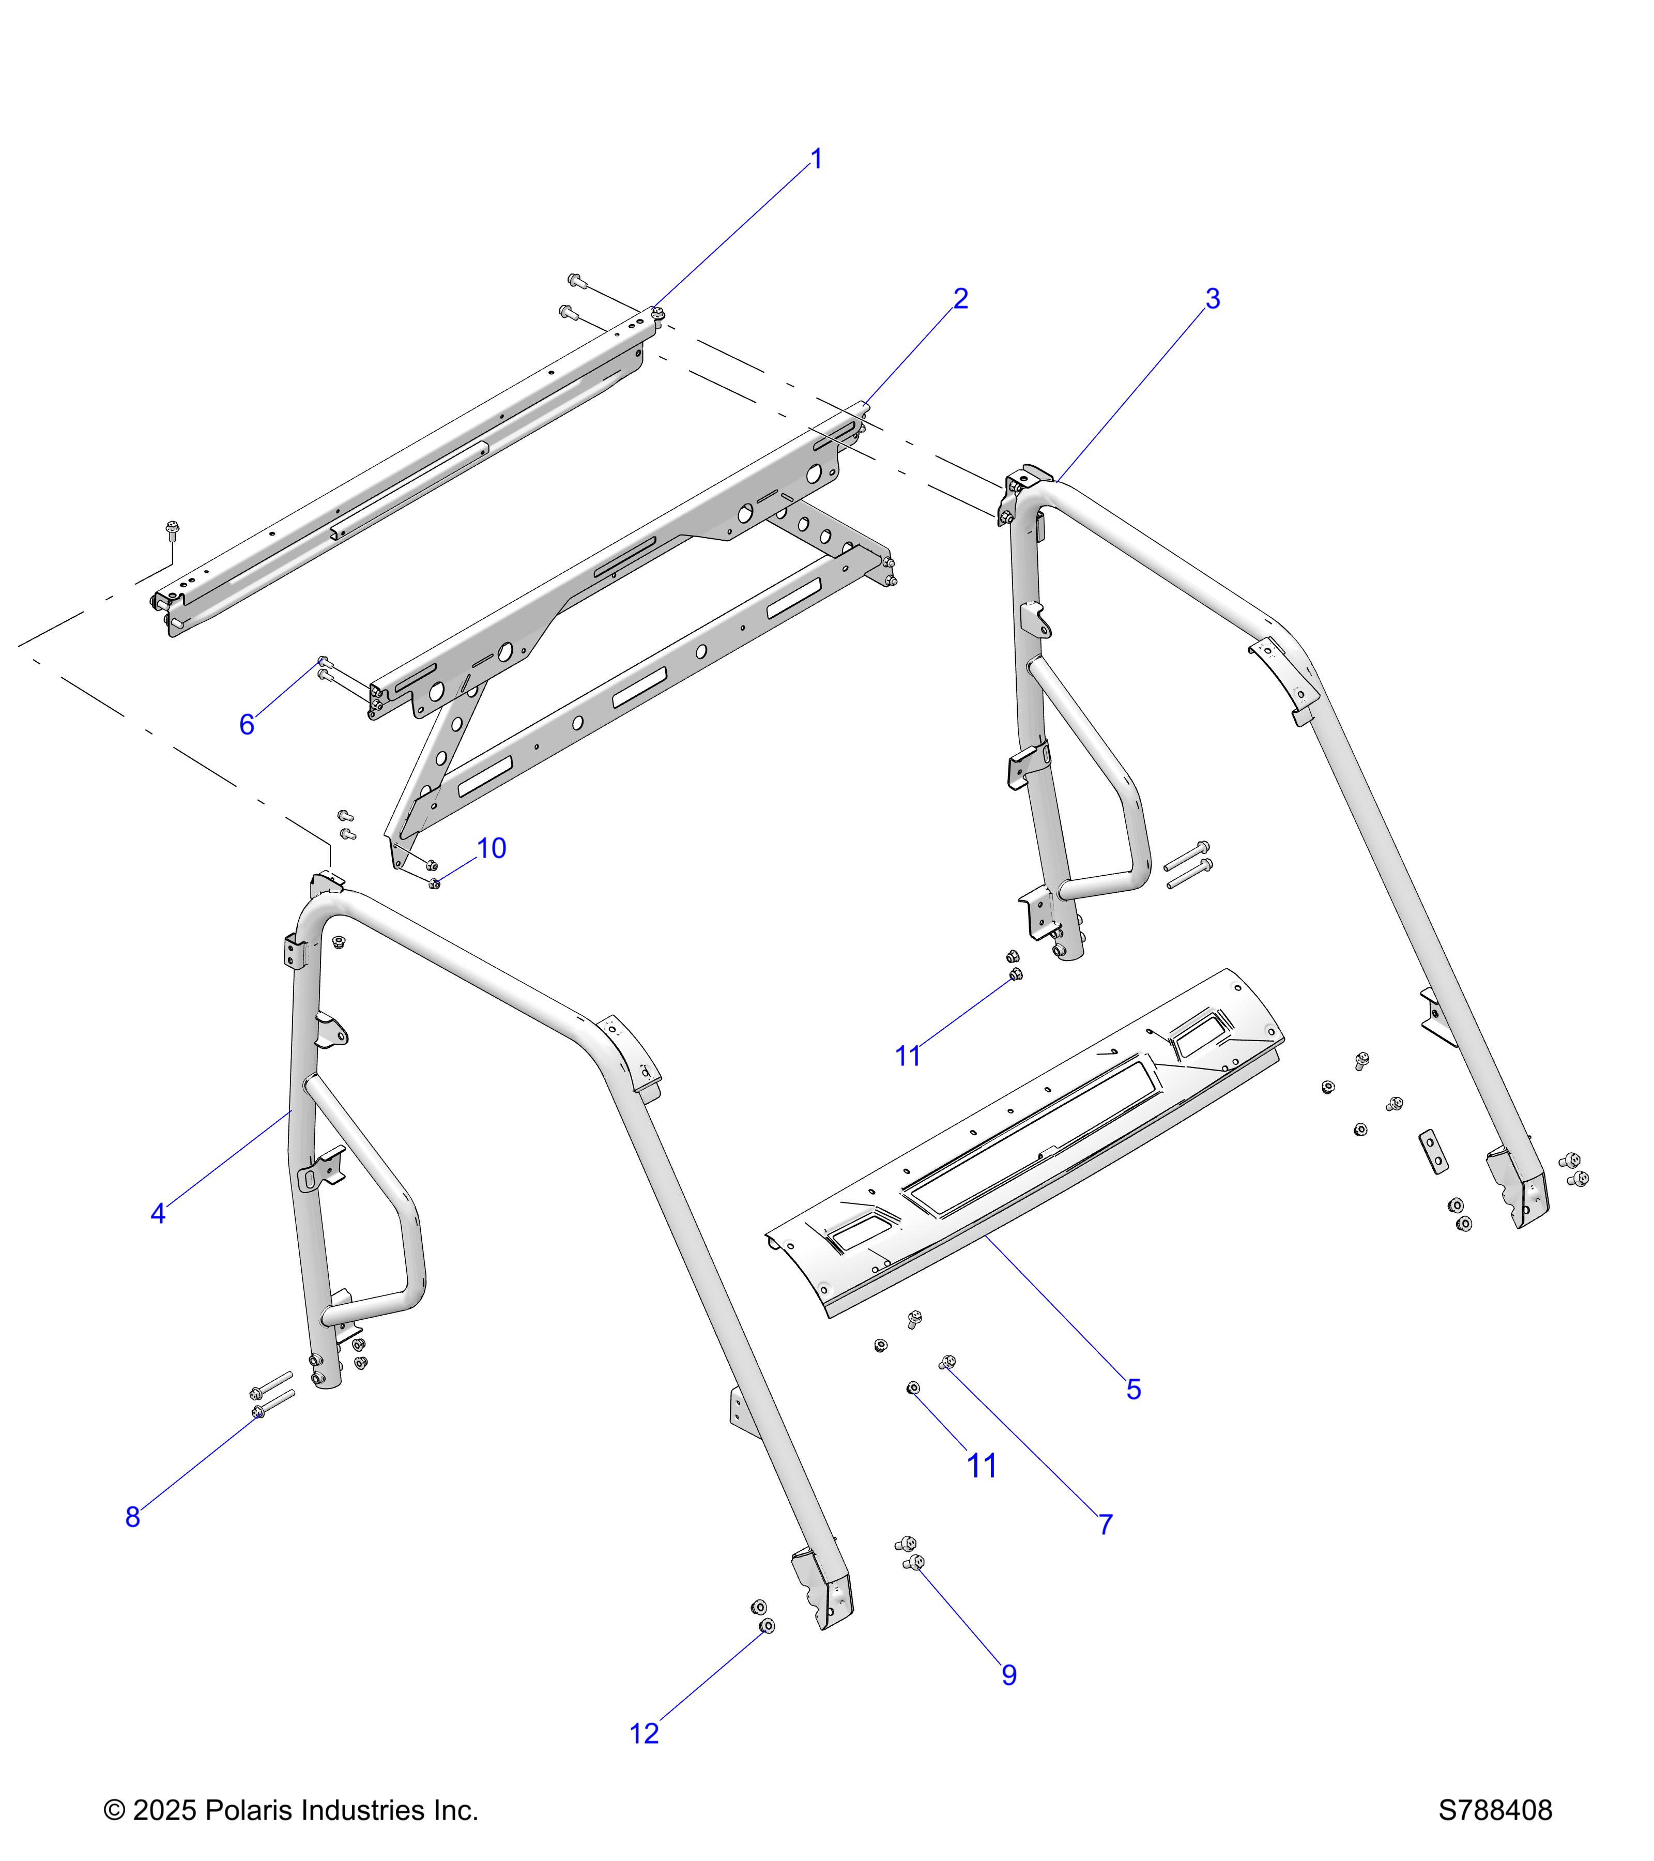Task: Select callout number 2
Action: [x=960, y=299]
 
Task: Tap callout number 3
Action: [x=1213, y=299]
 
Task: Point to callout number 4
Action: [x=158, y=1214]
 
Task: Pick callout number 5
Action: [x=1134, y=1390]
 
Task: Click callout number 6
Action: [x=247, y=725]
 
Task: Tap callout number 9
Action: [x=1008, y=1675]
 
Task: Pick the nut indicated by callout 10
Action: [x=434, y=882]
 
